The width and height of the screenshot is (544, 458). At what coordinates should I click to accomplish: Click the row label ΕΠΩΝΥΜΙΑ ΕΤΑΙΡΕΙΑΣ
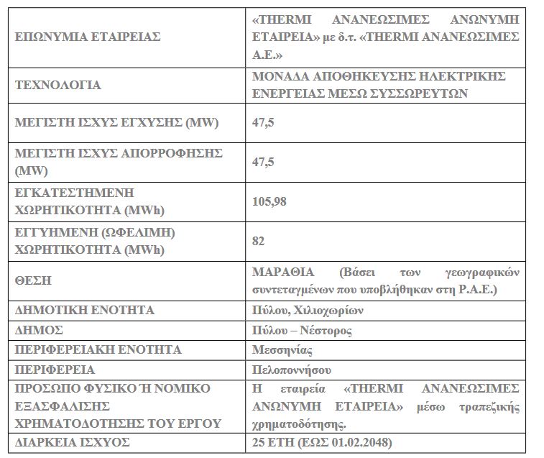[87, 36]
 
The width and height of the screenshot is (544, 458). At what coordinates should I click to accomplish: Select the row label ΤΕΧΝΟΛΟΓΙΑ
[58, 85]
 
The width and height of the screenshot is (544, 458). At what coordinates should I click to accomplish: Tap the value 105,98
[269, 201]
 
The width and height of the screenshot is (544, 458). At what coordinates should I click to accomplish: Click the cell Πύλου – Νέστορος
[302, 330]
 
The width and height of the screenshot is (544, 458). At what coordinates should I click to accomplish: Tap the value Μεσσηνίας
[282, 350]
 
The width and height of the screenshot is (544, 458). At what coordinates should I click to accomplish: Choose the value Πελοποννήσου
[291, 370]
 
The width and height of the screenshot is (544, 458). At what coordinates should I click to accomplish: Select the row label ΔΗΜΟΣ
[39, 330]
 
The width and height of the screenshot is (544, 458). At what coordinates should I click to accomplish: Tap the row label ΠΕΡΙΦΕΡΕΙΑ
[55, 370]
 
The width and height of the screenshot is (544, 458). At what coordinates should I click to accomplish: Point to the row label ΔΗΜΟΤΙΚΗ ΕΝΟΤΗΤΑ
[84, 311]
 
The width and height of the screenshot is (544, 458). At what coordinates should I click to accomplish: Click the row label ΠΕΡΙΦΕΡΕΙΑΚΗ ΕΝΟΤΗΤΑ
[98, 350]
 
